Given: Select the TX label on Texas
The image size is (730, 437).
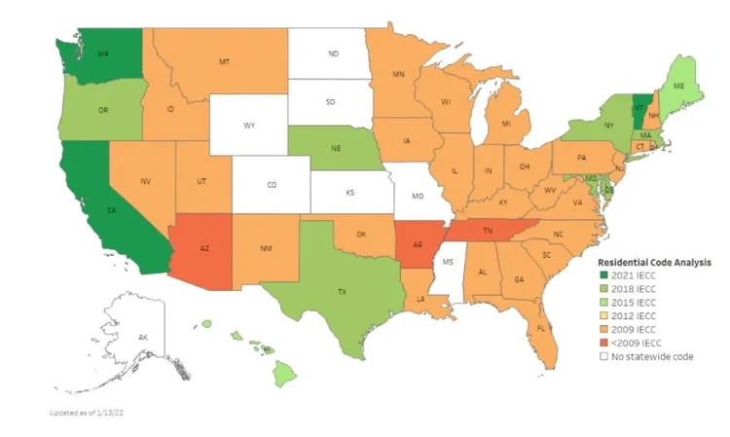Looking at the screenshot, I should pyautogui.click(x=341, y=291).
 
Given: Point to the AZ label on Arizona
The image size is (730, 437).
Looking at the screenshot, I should pyautogui.click(x=205, y=248).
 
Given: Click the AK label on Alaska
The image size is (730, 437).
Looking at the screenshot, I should pyautogui.click(x=144, y=337).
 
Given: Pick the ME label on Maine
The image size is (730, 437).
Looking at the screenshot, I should pyautogui.click(x=678, y=86).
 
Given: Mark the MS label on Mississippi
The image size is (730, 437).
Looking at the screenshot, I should pyautogui.click(x=449, y=262).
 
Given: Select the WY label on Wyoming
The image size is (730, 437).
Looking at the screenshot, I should pyautogui.click(x=249, y=125).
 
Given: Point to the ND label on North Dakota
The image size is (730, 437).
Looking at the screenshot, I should pyautogui.click(x=333, y=55).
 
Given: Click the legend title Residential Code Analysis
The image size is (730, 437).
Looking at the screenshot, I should pyautogui.click(x=652, y=262).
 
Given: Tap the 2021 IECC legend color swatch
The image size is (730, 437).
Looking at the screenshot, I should pyautogui.click(x=604, y=276).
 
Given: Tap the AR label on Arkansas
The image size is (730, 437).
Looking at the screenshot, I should pyautogui.click(x=419, y=242).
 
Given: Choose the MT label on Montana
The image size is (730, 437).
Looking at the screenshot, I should pyautogui.click(x=225, y=61).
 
